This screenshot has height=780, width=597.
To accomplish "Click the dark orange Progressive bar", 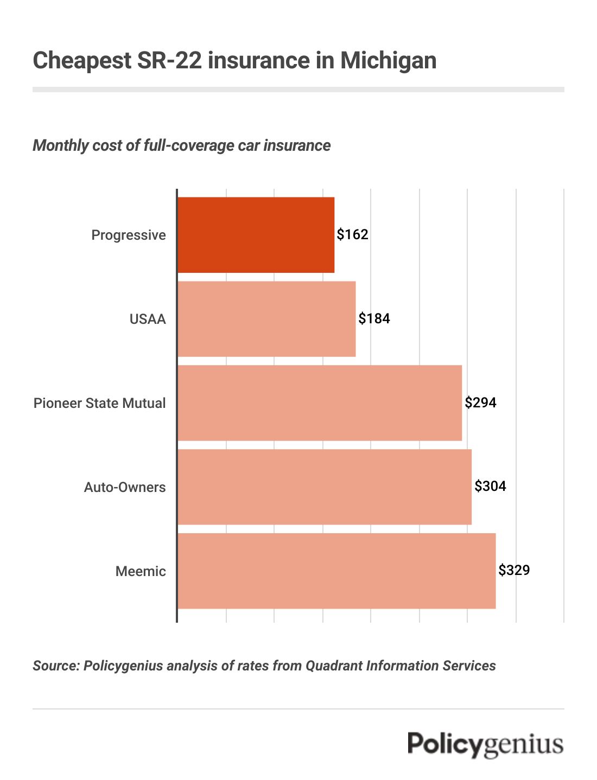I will [256, 235].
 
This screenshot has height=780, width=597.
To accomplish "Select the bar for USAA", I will [266, 319].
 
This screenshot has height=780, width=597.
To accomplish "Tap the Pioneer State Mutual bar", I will [320, 403].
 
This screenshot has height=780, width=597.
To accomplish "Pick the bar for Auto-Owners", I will [325, 487].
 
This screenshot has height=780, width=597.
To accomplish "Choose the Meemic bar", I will [336, 571].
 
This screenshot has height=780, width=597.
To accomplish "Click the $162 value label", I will [352, 234].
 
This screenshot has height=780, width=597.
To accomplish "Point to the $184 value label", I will [374, 318].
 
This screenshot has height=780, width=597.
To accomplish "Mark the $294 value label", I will [480, 402].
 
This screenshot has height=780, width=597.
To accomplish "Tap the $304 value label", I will [490, 486].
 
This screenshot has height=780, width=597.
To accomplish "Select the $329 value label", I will [514, 570].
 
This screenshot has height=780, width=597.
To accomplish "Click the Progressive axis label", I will [129, 235].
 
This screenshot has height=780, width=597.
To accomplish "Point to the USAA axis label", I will [148, 319].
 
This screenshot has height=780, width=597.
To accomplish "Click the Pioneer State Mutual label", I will [99, 403].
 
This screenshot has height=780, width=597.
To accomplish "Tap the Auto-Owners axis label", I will [125, 487].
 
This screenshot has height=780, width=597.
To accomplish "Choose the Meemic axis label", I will [141, 571].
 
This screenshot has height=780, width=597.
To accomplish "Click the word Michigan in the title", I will [388, 60].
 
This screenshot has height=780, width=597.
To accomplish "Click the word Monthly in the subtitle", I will [59, 145].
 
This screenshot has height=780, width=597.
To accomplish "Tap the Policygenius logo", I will [486, 744].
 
